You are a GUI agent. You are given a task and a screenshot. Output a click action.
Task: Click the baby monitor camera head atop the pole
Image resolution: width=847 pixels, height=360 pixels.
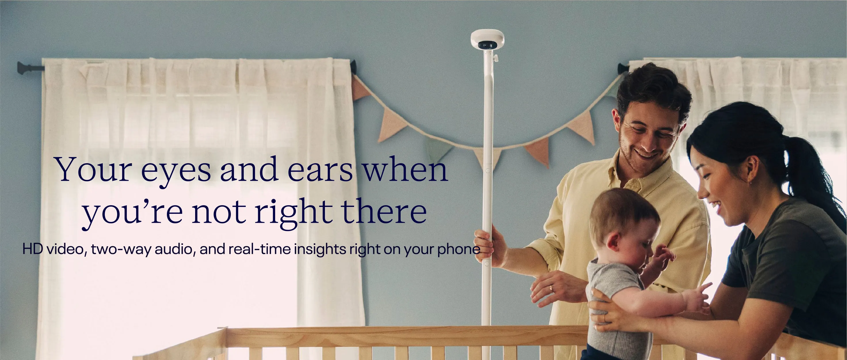487,40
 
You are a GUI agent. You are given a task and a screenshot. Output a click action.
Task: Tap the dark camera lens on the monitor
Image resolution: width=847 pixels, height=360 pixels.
485,45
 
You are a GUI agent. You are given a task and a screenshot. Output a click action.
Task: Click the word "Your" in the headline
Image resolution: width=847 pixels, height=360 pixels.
94,170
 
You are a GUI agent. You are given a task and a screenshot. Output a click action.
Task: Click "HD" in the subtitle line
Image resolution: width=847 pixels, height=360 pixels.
33,249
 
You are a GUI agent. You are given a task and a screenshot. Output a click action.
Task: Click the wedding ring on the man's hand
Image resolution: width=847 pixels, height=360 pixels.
551,289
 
